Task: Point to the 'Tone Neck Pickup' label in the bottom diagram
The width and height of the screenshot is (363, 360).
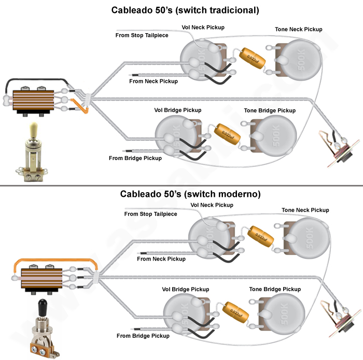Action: tap(305, 210)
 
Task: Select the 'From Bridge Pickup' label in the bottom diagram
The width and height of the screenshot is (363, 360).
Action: tap(143, 336)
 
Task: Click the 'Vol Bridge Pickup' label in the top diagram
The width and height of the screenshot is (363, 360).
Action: tap(178, 110)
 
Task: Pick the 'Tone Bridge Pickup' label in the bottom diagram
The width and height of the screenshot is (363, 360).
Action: tap(275, 289)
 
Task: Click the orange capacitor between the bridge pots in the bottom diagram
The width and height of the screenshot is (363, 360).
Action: tap(236, 313)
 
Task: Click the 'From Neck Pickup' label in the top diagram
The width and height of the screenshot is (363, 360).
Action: tap(153, 81)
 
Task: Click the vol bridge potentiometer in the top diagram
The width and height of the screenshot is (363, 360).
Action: tap(174, 135)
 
